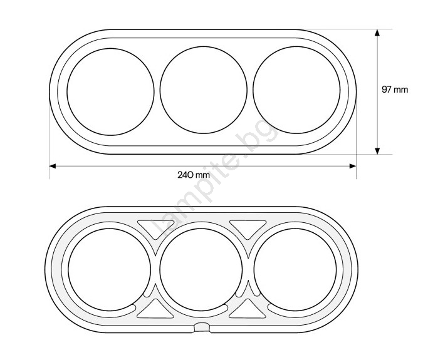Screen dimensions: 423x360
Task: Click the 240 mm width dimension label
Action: pos(194,175)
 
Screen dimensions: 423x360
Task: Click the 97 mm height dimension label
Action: pos(395,90)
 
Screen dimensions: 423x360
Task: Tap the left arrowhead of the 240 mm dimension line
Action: pos(53,166)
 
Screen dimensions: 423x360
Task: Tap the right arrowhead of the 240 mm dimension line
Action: pos(353,166)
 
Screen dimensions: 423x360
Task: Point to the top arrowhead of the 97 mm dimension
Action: pos(377,33)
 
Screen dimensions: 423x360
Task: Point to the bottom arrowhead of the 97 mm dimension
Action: pos(377,151)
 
